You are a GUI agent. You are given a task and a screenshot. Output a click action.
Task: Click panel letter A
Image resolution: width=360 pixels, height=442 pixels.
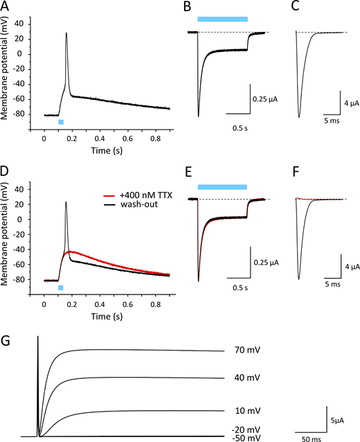pos(6,7)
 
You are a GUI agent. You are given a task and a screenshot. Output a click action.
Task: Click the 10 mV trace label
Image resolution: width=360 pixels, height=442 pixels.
pos(242,410)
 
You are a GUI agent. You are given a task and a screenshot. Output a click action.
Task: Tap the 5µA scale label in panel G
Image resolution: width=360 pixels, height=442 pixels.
pos(336,420)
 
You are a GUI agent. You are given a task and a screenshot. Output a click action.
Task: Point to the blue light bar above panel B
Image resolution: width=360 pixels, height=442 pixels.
pos(222,18)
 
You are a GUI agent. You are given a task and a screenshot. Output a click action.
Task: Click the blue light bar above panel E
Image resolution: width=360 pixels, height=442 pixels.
pos(222,186)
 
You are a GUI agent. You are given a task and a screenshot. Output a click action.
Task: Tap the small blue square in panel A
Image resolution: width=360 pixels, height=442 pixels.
pos(61,122)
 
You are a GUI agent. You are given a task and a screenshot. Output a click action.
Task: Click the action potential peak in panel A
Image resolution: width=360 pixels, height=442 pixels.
pos(66,33)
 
